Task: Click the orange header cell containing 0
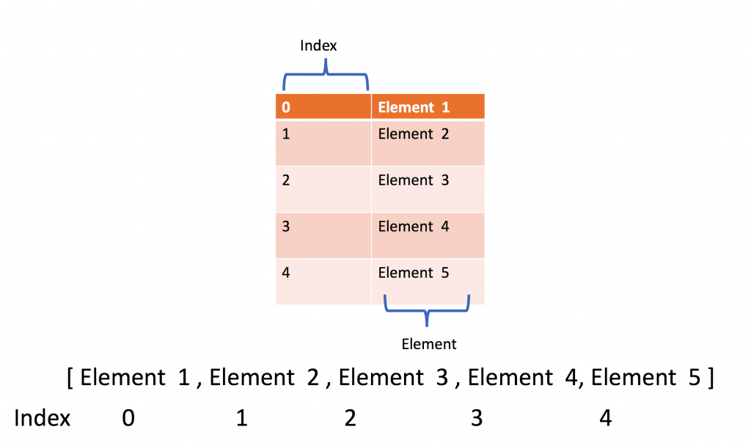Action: point(323,107)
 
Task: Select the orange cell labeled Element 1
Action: point(428,107)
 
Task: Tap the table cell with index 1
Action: point(323,142)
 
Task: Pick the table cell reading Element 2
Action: point(428,142)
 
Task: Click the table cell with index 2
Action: point(323,189)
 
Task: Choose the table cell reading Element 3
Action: point(428,189)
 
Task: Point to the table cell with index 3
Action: point(323,235)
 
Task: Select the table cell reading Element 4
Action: point(428,235)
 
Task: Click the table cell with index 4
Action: point(323,281)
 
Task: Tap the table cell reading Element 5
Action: point(428,281)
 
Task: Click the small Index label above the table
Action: point(318,45)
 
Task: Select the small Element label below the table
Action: point(429,344)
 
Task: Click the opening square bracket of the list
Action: point(70,379)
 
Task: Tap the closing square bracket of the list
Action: point(710,379)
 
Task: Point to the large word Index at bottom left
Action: point(43,418)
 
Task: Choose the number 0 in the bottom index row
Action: point(128,418)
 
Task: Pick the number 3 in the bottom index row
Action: point(477,418)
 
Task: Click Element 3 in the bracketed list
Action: point(393,379)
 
